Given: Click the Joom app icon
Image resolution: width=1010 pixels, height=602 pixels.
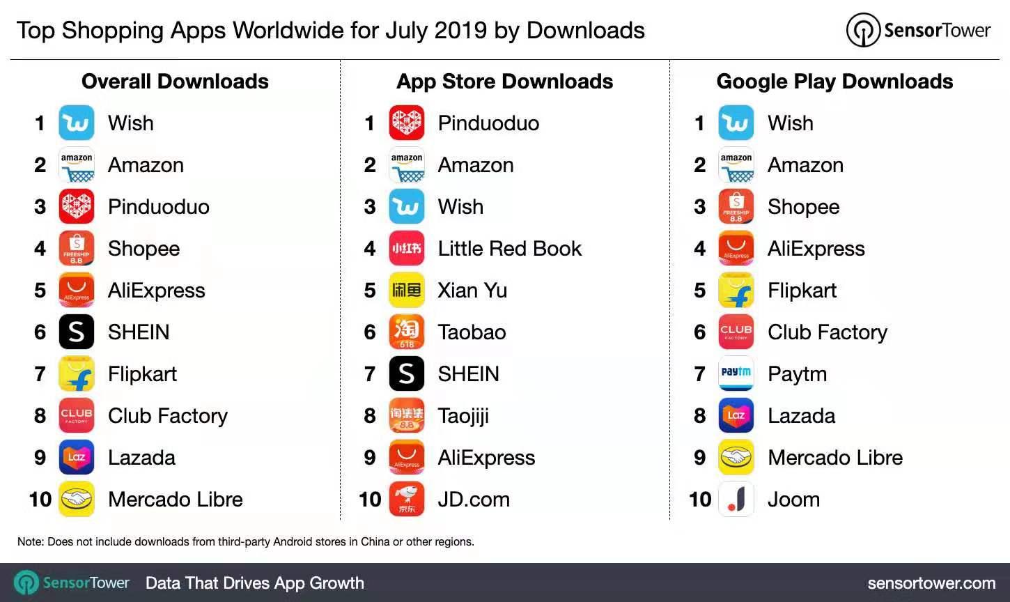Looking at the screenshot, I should point(736,500).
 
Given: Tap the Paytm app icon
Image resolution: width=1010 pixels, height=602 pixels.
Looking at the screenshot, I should point(736,374).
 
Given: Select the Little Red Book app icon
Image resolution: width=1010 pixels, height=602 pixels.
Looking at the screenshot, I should point(407,249).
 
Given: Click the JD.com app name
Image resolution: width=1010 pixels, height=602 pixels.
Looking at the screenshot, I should point(474,500).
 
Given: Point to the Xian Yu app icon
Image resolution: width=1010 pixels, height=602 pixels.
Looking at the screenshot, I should point(407,291).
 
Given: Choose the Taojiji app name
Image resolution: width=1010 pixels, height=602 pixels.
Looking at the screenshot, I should point(463,416).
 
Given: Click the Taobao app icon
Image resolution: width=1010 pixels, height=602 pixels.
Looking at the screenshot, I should point(407,332).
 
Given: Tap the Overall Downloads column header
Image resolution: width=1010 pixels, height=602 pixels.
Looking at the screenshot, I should point(175,82).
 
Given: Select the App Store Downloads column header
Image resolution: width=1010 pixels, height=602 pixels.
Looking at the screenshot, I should point(505,82).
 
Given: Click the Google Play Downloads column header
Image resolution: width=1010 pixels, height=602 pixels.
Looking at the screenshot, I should point(834,82).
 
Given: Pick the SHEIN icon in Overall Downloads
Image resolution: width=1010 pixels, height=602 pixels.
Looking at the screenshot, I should point(77,332).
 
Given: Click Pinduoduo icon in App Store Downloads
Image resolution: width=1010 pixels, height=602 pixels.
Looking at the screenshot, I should point(407,123).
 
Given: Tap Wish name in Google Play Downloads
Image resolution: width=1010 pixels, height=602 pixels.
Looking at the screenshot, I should point(790,123).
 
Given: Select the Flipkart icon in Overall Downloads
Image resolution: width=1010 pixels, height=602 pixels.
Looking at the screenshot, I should point(77,374).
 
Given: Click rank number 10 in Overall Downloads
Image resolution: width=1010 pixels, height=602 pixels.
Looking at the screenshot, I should point(40,500).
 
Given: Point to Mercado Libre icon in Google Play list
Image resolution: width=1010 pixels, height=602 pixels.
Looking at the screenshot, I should point(736,458).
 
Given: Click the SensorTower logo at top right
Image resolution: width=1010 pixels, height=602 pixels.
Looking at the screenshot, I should point(918,31).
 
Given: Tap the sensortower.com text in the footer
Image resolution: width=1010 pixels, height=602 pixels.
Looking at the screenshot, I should point(931,583).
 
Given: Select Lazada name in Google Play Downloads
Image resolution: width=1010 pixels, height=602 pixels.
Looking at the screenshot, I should point(801,416).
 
